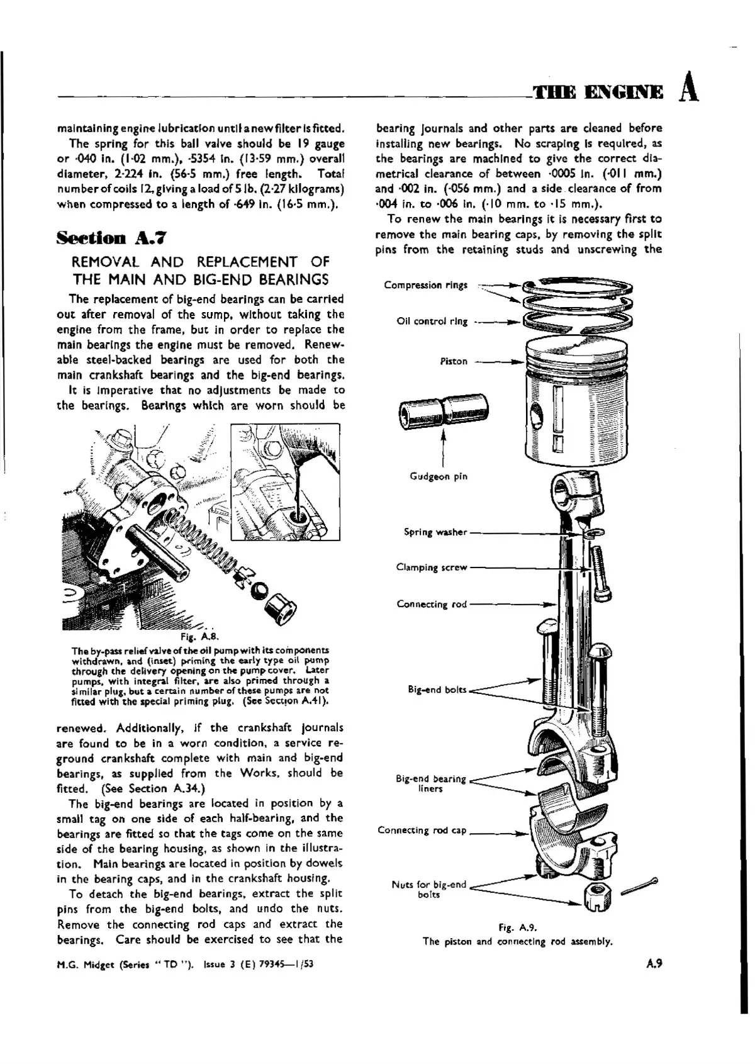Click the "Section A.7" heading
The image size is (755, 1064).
tap(111, 238)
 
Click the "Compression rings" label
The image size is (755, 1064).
tap(425, 285)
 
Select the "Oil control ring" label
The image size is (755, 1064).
tap(432, 322)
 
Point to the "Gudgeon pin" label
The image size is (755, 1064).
tap(439, 476)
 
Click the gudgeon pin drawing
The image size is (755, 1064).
tap(444, 412)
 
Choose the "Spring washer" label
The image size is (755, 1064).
tap(435, 532)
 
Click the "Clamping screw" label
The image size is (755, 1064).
tap(432, 568)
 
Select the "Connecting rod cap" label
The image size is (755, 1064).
tap(422, 830)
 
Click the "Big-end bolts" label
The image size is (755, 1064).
tap(437, 690)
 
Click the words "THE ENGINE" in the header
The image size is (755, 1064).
tap(598, 92)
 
